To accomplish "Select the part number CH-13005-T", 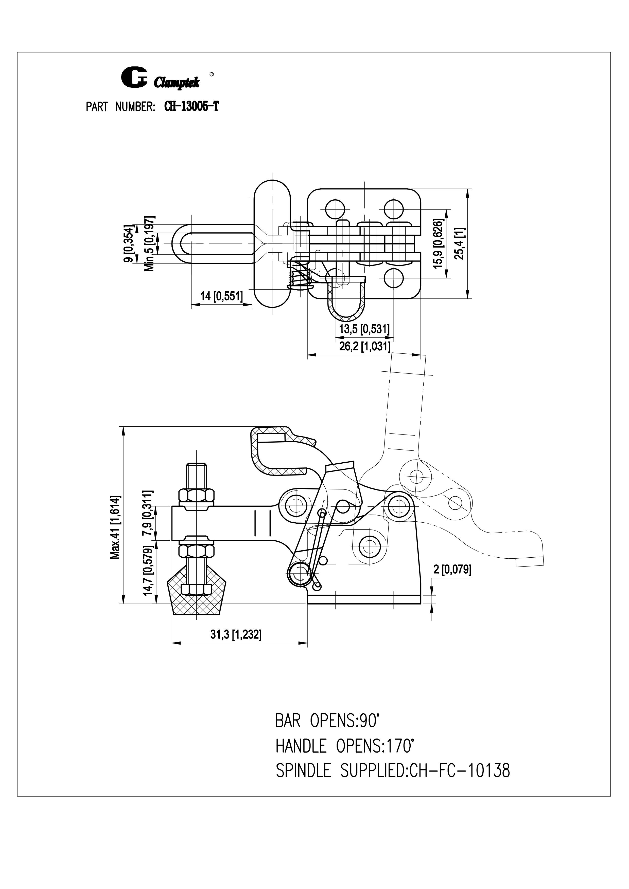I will tap(191, 106).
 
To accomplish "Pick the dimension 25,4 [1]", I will tap(462, 243).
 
